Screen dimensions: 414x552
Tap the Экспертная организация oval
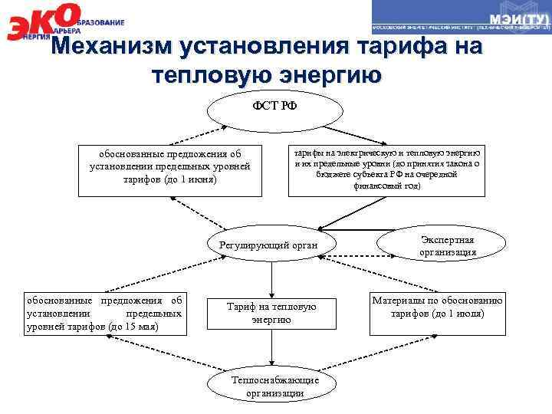[448, 245]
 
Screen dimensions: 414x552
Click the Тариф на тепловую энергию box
[271, 313]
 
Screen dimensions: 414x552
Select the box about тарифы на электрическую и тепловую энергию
[387, 169]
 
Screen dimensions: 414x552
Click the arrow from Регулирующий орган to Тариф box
[271, 277]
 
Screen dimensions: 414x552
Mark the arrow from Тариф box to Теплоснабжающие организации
[271, 352]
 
